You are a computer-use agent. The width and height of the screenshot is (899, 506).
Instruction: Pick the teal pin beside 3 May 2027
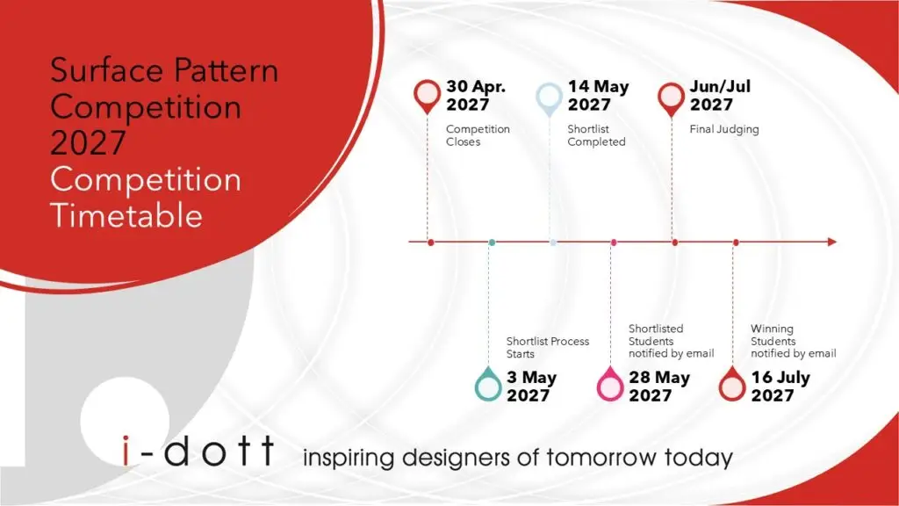click(488, 384)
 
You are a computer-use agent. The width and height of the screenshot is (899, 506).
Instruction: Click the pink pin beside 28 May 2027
click(610, 384)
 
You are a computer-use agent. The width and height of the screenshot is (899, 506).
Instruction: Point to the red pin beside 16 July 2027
click(732, 384)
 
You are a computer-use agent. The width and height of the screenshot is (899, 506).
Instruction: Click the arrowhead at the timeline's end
click(832, 242)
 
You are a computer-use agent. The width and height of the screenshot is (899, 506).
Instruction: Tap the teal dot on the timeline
click(492, 242)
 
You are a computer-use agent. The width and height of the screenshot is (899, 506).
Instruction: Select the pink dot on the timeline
click(614, 242)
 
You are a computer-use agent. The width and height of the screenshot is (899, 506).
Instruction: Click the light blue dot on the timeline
click(553, 242)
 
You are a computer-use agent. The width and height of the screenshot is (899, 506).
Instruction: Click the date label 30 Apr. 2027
click(476, 95)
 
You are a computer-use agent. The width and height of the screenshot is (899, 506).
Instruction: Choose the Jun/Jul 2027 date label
click(720, 95)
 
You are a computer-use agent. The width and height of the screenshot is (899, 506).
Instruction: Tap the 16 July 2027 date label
click(780, 387)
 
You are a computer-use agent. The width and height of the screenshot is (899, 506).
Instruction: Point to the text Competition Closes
click(478, 135)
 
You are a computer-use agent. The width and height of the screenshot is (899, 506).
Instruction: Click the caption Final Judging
click(724, 130)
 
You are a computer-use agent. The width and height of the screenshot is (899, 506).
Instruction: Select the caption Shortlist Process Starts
click(548, 348)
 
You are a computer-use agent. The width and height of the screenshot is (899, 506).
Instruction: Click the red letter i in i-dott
click(126, 451)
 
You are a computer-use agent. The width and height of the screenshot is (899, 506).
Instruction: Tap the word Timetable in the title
click(126, 215)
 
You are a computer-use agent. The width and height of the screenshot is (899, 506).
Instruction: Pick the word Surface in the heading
click(106, 70)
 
